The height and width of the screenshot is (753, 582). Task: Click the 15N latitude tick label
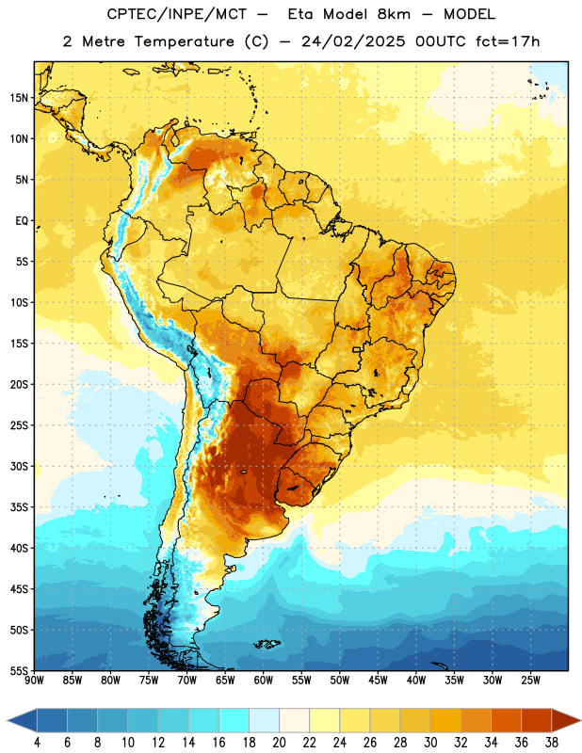coord(19,98)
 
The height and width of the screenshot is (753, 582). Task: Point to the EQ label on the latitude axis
coord(22,221)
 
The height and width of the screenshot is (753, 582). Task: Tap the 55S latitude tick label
coord(19,670)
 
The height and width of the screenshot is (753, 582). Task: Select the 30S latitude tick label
coord(19,466)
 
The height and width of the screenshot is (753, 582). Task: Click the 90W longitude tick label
coord(34,681)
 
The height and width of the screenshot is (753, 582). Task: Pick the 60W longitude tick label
coord(264,681)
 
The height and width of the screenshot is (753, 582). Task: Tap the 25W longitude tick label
coord(530,681)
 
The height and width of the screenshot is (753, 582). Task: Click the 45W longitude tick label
coord(378,681)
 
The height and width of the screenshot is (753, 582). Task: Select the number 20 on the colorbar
coord(279,743)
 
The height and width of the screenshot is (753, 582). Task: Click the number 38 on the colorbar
coord(552,743)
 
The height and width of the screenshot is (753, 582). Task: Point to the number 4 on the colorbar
coord(37,743)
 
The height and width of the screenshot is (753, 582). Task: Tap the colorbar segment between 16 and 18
coord(234,720)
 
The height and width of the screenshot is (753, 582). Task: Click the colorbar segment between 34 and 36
coord(507,720)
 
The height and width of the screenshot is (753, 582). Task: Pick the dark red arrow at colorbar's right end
coord(565,720)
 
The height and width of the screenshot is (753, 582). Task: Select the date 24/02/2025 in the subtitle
coord(354,41)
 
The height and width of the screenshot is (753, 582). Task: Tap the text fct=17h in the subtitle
coord(508,41)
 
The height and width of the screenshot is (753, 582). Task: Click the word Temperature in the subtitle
coord(184,41)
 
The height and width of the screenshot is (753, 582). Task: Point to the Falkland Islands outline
coord(267,644)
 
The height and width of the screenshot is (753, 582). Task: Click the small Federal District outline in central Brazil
coord(357,349)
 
